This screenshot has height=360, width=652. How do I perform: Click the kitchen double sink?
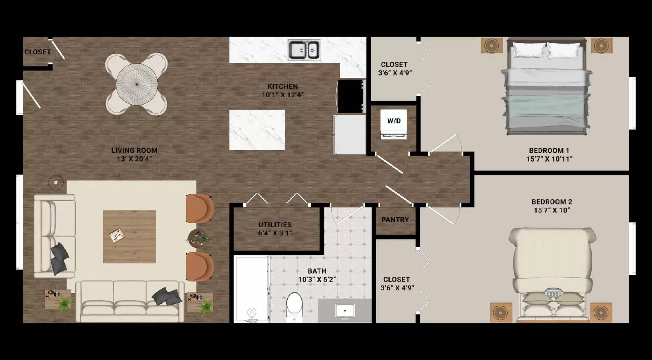tap(304, 50)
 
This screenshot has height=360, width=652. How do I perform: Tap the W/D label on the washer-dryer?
tap(394, 121)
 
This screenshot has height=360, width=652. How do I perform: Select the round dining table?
tap(137, 84)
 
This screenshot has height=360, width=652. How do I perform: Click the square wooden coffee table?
tap(129, 237)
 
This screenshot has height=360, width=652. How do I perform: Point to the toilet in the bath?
tap(294, 307)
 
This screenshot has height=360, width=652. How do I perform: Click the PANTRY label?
tap(395, 220)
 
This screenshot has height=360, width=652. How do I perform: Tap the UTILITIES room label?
tap(275, 224)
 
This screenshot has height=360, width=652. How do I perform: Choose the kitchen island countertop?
tap(257, 130)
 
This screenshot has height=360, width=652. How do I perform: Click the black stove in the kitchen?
tap(351, 96)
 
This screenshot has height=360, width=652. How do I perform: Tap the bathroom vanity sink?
tap(345, 311)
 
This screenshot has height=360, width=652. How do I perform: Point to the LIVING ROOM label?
tap(134, 150)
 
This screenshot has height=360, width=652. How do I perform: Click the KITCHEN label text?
tap(282, 86)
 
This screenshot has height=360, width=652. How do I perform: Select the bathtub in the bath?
tap(251, 289)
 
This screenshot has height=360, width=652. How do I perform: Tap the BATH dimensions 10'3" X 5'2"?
tap(317, 279)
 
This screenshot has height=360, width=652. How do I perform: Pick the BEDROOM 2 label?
tap(551, 202)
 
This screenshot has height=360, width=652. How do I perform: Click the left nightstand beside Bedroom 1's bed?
tap(491, 45)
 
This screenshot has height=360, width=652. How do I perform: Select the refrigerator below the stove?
tap(350, 134)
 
